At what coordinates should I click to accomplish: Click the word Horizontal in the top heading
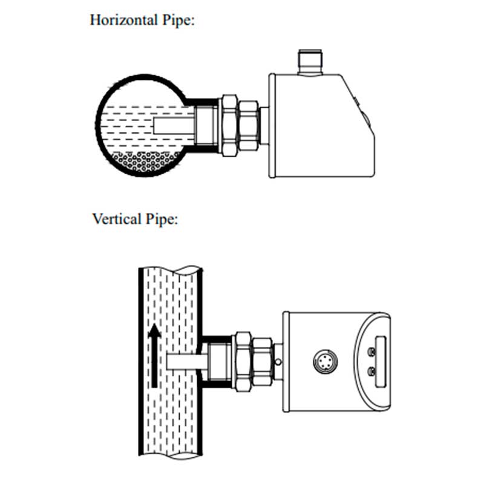coord(124,21)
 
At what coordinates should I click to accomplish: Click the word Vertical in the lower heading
coord(117,219)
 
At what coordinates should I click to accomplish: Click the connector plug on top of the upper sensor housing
coord(310,63)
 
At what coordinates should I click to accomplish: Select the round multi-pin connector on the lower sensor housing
coord(325,361)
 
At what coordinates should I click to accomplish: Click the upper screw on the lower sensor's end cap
coord(372,352)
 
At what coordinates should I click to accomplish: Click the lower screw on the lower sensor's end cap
coord(372,372)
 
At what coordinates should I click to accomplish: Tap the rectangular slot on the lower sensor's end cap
coord(381,361)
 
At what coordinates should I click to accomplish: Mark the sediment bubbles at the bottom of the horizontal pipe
coord(145,161)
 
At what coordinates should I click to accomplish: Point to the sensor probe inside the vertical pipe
coord(187,361)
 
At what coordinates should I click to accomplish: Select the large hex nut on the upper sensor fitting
coord(230,125)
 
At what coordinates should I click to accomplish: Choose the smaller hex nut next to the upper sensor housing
coord(248,125)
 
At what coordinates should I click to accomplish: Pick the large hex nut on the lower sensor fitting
coord(244,362)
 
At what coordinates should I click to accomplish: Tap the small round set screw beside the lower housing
coord(278,361)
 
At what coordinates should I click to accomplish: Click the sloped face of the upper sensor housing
coord(358,105)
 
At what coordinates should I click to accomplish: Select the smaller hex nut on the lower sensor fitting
coord(263,362)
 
